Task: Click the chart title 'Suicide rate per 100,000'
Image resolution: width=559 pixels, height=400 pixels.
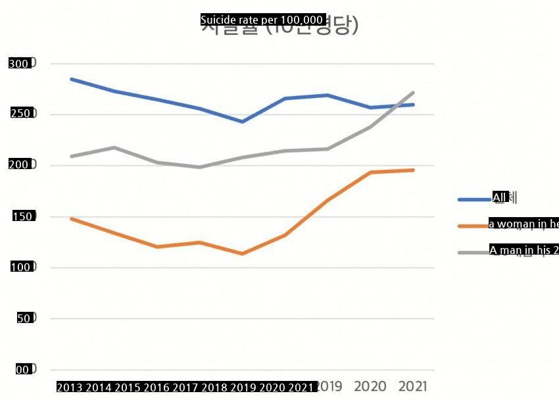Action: tap(262, 20)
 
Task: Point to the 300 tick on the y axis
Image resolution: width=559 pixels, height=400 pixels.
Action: tap(18, 64)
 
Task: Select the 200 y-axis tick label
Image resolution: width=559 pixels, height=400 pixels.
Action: tap(18, 164)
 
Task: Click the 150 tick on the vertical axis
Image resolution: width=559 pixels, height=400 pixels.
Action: tap(18, 216)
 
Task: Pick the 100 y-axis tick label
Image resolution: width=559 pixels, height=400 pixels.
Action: tap(18, 267)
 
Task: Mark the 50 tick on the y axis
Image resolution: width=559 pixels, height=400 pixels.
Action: tap(22, 318)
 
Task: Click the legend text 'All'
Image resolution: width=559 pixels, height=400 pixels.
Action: tap(500, 197)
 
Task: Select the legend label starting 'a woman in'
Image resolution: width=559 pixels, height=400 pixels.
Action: tap(523, 224)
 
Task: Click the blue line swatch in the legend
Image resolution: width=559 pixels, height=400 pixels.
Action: tap(474, 199)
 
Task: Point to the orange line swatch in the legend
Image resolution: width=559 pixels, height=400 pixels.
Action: tap(474, 226)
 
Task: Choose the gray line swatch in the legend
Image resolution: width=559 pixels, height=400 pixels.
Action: tap(474, 252)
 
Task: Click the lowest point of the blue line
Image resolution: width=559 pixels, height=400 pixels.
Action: tap(242, 122)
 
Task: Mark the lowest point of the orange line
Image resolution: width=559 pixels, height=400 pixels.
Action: tap(242, 254)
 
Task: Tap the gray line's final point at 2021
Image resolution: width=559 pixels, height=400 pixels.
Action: tap(413, 92)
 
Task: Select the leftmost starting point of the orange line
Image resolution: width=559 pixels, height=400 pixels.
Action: tap(71, 218)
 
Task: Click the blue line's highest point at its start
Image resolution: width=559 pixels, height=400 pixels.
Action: tap(71, 79)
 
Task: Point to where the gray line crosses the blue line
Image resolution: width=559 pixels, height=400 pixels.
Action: tap(397, 105)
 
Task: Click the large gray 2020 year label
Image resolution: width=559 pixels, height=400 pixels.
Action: tap(370, 386)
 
